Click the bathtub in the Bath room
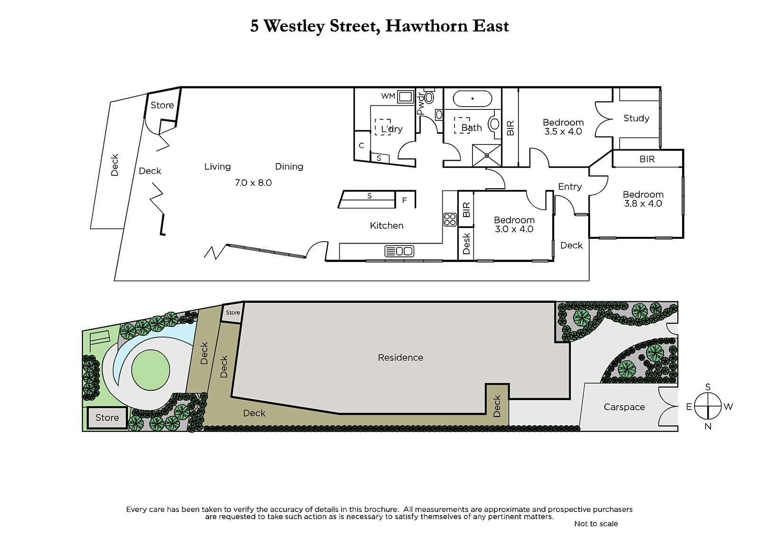[472, 99]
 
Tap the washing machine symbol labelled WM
[406, 97]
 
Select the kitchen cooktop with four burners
[450, 219]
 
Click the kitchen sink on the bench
[399, 251]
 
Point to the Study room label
[636, 118]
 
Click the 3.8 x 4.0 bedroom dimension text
[643, 204]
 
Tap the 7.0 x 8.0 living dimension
[253, 182]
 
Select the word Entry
[570, 187]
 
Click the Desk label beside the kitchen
[466, 243]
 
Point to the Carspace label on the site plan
[624, 407]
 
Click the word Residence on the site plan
[400, 357]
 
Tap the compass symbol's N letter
[708, 427]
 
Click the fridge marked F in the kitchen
[405, 200]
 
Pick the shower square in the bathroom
[487, 155]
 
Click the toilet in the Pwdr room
[429, 98]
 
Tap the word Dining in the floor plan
[289, 166]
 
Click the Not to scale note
[596, 524]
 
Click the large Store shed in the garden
[107, 418]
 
